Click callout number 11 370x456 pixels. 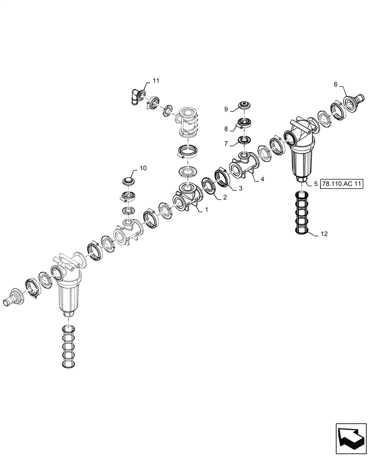click(156, 81)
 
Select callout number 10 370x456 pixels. click(143, 168)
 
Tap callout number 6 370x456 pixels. click(336, 84)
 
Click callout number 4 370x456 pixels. click(262, 180)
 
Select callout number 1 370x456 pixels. click(206, 210)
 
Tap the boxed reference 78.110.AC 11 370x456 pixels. click(341, 184)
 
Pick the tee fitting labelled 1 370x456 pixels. click(187, 201)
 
